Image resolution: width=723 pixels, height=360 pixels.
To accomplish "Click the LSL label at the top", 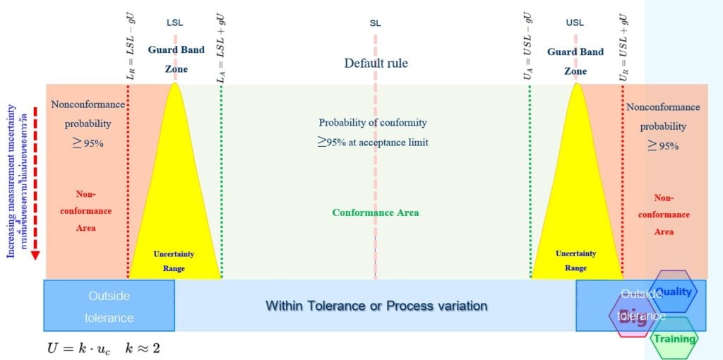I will click(x=174, y=23).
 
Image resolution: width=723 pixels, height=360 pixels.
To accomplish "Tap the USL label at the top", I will click(x=575, y=23).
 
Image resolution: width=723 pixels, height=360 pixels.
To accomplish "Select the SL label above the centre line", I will click(x=375, y=23).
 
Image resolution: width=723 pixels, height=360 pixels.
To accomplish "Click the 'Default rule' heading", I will click(x=376, y=64).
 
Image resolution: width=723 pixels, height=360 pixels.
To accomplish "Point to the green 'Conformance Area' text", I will click(x=376, y=212).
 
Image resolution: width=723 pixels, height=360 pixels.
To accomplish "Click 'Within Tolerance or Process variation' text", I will click(x=376, y=306).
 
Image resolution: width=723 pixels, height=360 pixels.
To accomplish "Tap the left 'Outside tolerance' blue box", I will click(x=109, y=306).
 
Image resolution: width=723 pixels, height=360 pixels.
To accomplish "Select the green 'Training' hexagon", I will click(x=674, y=338).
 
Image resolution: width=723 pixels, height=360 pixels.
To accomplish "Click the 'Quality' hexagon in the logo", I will click(x=674, y=291).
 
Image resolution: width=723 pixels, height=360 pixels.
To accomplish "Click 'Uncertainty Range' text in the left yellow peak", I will click(x=174, y=260).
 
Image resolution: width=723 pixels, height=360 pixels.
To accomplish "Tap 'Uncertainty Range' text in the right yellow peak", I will click(x=575, y=260).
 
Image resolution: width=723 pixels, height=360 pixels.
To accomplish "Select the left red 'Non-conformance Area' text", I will click(x=85, y=210).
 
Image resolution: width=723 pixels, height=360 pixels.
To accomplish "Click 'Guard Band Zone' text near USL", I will click(x=575, y=61).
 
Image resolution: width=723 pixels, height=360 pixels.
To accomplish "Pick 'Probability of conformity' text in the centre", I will click(x=373, y=123).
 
